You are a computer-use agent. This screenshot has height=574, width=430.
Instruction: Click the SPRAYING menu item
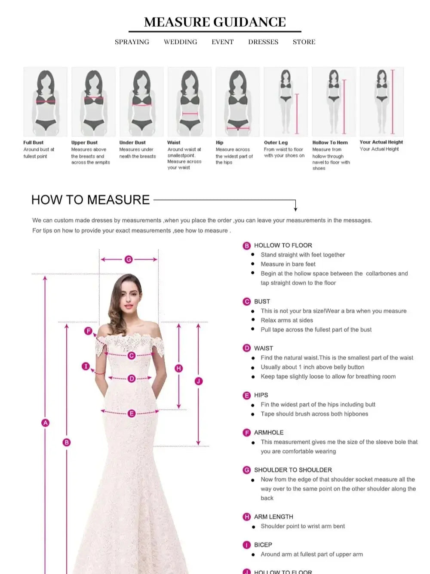pos(132,42)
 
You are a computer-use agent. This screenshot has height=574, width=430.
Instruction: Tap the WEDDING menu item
pos(180,42)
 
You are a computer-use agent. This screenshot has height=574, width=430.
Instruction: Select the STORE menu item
pos(304,42)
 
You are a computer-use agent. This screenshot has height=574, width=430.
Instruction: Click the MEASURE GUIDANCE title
pos(215,22)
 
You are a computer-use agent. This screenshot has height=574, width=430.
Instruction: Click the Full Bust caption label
pos(34,143)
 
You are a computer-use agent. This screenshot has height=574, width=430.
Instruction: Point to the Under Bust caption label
pos(132,143)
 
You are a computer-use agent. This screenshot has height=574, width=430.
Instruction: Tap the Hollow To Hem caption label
pos(330,143)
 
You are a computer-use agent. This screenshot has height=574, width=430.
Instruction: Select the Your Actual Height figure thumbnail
pos(381,102)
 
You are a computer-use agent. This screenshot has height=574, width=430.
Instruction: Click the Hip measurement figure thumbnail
pos(237,102)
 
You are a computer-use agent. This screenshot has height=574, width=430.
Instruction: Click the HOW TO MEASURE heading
pos(91,200)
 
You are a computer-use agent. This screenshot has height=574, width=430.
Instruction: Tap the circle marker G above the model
pos(129,259)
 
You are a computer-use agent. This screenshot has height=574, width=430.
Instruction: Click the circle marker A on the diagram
pos(45,423)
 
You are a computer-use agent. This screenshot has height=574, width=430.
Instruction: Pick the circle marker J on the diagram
pos(198,381)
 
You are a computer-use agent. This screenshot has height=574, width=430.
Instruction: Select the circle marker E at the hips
pos(132,413)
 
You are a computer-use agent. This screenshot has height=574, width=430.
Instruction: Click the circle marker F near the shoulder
pos(88,331)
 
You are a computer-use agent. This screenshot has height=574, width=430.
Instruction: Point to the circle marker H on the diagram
pos(178,368)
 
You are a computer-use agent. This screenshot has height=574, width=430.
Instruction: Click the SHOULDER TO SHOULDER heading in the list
pos(293,470)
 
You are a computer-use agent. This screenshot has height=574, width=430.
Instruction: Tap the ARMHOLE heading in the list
pos(269,432)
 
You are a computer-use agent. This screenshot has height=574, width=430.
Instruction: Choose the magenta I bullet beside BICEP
pos(246,545)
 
